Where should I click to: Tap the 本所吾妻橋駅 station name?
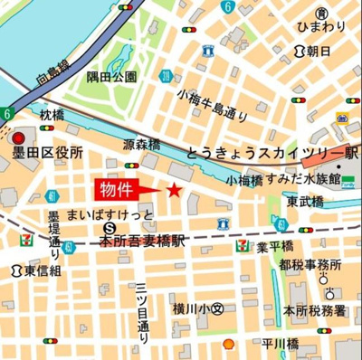tap(142, 242)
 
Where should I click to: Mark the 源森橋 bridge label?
tap(141, 145)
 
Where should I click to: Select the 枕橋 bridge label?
tap(53, 116)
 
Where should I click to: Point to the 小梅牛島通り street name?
tap(213, 104)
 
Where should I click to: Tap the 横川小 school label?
tap(199, 308)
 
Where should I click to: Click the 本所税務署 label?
tap(314, 310)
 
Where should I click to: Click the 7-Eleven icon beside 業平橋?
tap(242, 245)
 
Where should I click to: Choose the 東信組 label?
tap(43, 270)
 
